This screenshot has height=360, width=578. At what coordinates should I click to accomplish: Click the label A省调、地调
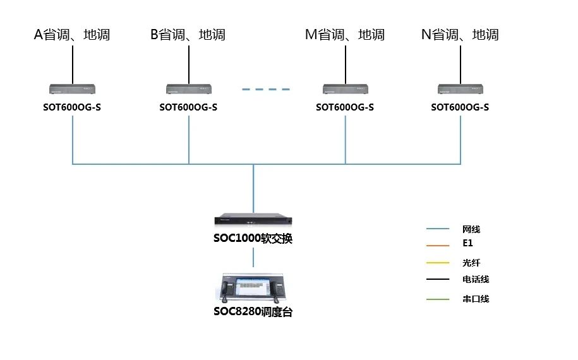click(72, 35)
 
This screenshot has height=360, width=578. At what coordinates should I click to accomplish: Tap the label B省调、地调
click(188, 35)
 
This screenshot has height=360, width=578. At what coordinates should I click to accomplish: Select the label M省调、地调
click(345, 35)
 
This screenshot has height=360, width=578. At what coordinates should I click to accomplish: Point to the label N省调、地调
click(460, 35)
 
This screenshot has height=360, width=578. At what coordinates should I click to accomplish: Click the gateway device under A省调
click(73, 90)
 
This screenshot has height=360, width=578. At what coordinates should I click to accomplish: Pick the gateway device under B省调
click(189, 90)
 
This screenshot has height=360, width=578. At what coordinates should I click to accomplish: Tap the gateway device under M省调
click(346, 90)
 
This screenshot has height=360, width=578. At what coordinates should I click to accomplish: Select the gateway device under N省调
click(461, 90)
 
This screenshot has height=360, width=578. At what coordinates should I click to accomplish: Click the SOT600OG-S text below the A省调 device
click(72, 107)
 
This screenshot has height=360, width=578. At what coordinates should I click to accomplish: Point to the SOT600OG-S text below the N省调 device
click(460, 107)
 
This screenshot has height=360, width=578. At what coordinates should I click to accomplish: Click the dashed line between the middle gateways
click(266, 90)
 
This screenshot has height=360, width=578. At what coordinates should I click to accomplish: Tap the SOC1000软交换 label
click(253, 239)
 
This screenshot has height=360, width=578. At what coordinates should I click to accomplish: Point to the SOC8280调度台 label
click(253, 312)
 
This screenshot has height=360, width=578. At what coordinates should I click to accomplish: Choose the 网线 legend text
click(471, 229)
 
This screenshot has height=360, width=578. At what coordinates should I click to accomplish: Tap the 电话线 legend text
click(476, 279)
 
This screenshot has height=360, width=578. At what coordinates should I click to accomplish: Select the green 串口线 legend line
click(438, 299)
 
